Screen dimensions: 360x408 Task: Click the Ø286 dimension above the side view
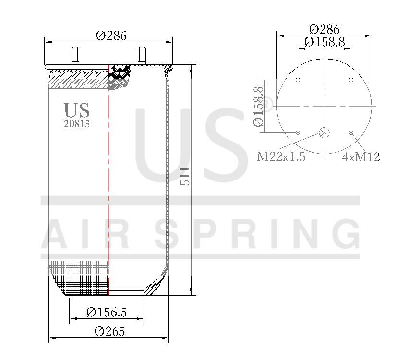111,36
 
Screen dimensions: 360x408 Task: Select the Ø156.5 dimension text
107,312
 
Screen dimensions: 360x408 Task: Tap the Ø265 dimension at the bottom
109,332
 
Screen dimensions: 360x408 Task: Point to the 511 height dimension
185,176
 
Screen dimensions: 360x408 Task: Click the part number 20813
77,123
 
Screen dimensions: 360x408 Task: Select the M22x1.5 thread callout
281,157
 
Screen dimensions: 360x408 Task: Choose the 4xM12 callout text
361,157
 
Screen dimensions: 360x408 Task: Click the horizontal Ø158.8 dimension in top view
324,42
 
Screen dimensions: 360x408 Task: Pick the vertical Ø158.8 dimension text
259,106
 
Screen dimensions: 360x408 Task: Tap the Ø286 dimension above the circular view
324,29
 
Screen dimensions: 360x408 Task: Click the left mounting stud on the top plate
76,55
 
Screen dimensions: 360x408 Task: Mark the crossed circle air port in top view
325,133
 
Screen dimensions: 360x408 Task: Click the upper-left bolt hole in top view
298,80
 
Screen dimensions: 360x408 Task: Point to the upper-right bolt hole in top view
351,80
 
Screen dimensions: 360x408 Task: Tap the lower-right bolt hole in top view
351,132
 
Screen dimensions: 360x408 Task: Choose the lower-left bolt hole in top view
298,132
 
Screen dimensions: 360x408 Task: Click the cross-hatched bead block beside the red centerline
120,77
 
